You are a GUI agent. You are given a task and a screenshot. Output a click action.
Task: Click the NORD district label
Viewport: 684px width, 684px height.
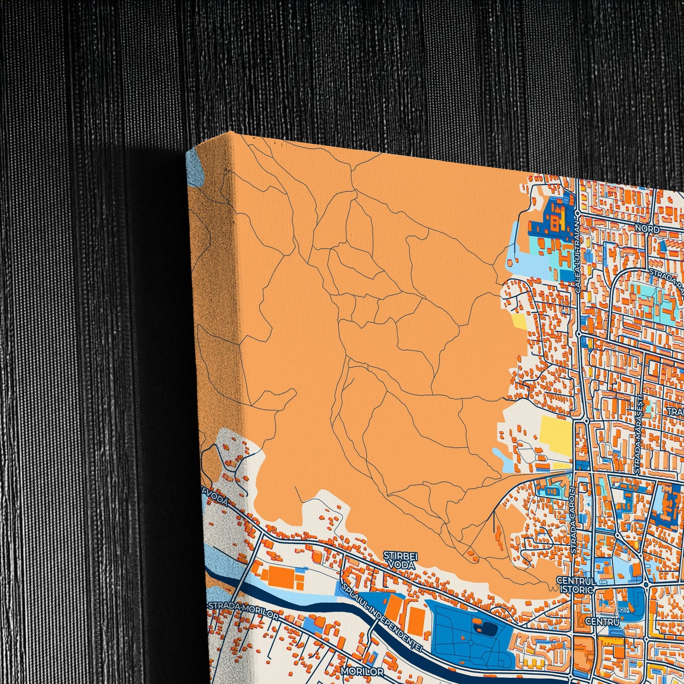pyautogui.click(x=647, y=229)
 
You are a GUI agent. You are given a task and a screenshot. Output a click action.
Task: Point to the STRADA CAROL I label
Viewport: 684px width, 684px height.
pyautogui.click(x=574, y=520)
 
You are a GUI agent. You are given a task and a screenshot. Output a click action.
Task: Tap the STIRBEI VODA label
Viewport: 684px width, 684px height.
pyautogui.click(x=400, y=560)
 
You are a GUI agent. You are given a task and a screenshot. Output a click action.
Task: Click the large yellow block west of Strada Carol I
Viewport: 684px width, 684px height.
pyautogui.click(x=556, y=436)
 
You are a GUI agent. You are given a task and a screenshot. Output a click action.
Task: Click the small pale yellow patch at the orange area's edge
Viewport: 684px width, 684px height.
pyautogui.click(x=519, y=321)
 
